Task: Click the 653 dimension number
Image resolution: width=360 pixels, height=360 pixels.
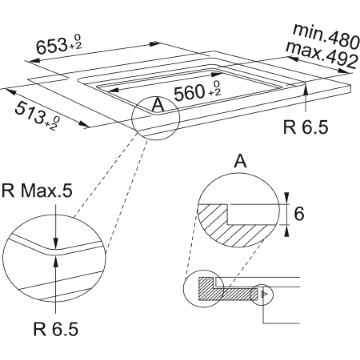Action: point(50,45)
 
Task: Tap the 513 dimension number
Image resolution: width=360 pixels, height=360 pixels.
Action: point(30,110)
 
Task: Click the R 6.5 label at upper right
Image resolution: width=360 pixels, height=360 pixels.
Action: point(306,127)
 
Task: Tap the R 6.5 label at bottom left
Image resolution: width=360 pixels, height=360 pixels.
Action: point(56,330)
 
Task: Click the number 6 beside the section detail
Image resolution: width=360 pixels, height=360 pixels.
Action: point(299,215)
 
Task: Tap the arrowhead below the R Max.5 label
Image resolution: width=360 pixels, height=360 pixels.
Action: point(55,244)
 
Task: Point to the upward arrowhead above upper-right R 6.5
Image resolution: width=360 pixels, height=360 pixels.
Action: point(306,88)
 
